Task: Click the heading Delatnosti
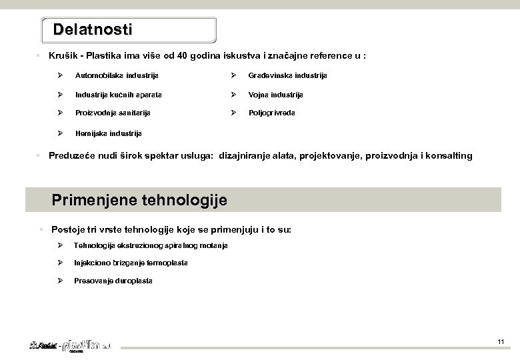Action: pos(93,30)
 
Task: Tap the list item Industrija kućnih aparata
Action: pos(118,95)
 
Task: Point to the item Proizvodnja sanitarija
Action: pos(113,113)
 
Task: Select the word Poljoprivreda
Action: pos(271,113)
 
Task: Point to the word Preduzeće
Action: pos(74,156)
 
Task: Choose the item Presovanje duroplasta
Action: pos(113,281)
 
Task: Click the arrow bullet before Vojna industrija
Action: pos(233,95)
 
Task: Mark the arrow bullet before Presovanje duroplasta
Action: pos(60,281)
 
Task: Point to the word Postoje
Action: pos(69,229)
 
